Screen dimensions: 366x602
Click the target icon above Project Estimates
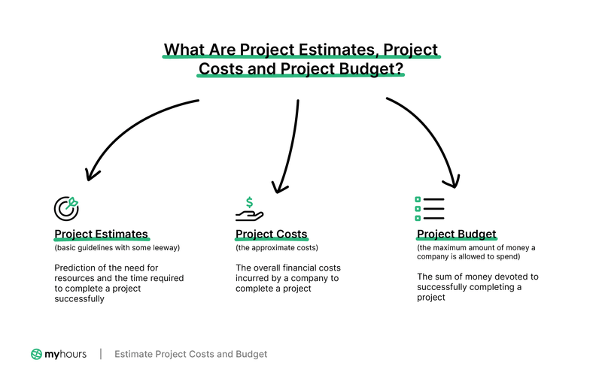(x=66, y=207)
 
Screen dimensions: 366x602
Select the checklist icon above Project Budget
(x=430, y=208)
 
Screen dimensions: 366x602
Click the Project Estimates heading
(x=101, y=234)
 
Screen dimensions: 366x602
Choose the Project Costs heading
(x=271, y=234)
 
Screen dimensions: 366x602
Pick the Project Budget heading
(x=456, y=234)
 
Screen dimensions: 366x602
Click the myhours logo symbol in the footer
(x=37, y=354)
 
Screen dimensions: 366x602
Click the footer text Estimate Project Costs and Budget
(x=190, y=354)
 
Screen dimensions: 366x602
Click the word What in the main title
(x=184, y=50)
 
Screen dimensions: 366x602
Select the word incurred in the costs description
(x=255, y=278)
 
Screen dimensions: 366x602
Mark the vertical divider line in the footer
(x=101, y=354)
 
